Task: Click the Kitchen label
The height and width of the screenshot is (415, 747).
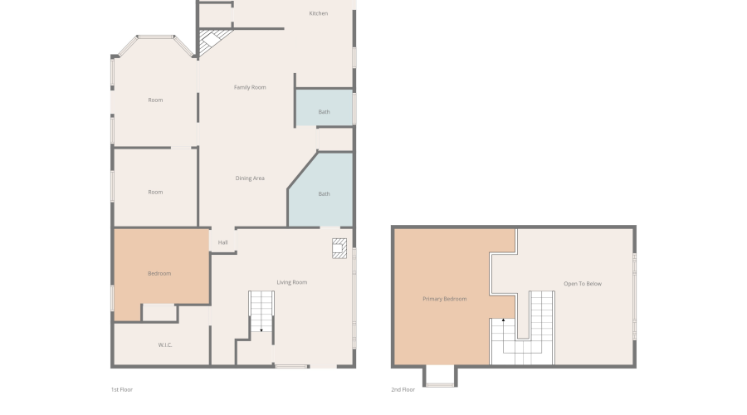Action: (318, 13)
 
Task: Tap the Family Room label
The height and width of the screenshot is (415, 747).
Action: (250, 87)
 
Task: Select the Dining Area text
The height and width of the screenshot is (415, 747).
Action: (250, 178)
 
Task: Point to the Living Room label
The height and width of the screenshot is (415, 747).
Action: (291, 282)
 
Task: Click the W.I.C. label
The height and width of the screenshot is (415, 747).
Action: (165, 345)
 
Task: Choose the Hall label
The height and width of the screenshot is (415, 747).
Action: (222, 242)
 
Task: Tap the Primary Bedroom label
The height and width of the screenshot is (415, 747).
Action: (445, 299)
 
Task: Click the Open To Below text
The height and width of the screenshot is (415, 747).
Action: (583, 284)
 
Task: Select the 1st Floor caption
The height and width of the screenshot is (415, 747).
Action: (121, 389)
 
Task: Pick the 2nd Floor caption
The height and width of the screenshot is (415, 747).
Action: (403, 389)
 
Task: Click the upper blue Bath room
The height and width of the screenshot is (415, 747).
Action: (324, 107)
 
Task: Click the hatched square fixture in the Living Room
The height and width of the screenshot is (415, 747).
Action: (339, 248)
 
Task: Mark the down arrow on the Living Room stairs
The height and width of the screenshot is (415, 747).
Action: (261, 329)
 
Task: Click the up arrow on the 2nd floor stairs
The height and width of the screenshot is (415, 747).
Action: (503, 320)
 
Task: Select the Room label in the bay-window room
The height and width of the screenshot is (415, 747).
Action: (155, 100)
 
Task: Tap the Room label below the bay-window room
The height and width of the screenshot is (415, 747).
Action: (155, 192)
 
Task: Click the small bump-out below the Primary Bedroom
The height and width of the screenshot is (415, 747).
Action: (440, 375)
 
